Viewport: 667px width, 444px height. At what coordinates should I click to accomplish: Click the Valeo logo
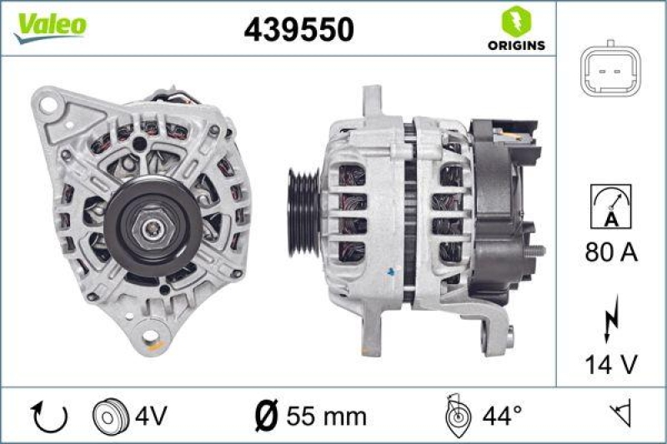point(48,27)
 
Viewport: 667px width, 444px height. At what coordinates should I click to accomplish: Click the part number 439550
point(298,29)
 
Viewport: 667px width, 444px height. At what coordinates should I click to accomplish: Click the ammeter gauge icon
point(610,207)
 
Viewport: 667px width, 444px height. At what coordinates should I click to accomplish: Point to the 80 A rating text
point(610,252)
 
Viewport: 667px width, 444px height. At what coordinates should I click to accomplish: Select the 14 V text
point(610,364)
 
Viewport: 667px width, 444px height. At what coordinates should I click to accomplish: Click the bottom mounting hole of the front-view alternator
point(152,337)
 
